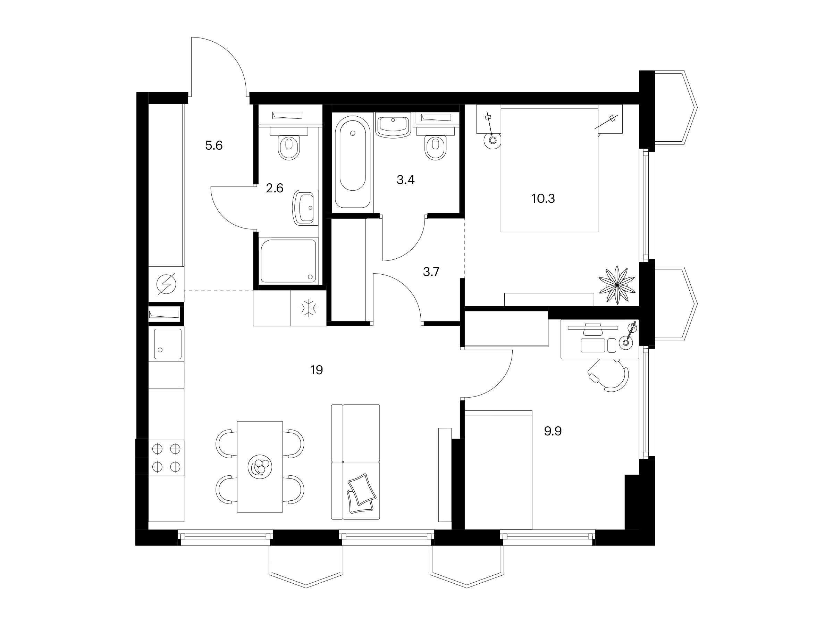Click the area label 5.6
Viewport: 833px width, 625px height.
[x=214, y=145]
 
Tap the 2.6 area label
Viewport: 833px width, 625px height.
[x=275, y=188]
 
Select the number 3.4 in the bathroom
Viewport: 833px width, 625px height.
[x=406, y=180]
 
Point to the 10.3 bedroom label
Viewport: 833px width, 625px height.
[x=543, y=199]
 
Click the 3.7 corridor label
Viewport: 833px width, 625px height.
[x=431, y=272]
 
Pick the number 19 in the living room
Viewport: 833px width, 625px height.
[x=317, y=370]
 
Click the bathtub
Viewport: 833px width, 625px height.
[x=353, y=162]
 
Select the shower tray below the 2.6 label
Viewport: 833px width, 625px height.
[x=288, y=260]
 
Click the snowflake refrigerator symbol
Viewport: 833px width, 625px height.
[x=309, y=308]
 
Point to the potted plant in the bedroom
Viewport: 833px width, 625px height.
[x=617, y=285]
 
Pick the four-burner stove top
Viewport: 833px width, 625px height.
[x=166, y=458]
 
